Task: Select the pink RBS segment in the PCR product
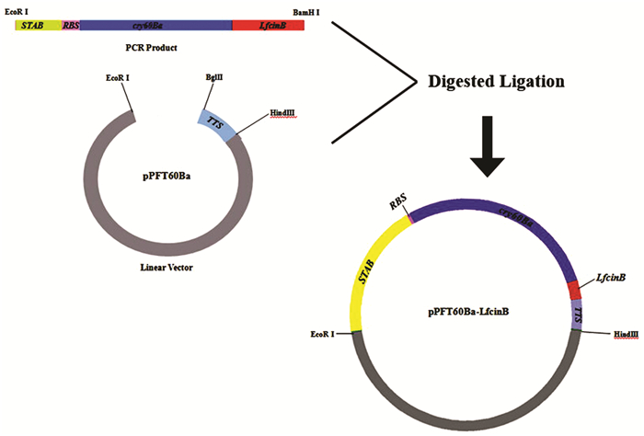click(x=71, y=25)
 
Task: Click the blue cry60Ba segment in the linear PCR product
click(x=155, y=25)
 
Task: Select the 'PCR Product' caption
click(x=151, y=47)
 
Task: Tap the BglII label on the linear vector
click(x=213, y=78)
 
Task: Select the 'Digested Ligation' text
click(x=495, y=81)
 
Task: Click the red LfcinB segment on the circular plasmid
click(x=573, y=291)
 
